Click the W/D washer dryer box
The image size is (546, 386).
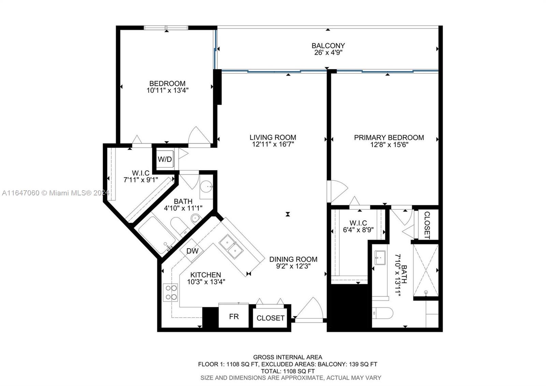[165, 159]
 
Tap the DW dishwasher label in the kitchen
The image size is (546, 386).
[192, 251]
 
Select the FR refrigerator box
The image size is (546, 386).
[234, 317]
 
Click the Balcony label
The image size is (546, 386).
[328, 45]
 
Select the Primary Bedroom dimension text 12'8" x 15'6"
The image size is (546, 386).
[389, 145]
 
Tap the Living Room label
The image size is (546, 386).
[273, 137]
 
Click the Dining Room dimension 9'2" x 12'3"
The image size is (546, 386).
[293, 266]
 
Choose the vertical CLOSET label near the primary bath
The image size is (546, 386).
[427, 225]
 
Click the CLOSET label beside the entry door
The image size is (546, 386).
[270, 318]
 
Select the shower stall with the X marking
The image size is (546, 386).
[426, 270]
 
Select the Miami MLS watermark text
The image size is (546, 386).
[55, 193]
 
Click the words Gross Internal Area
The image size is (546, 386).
[287, 357]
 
